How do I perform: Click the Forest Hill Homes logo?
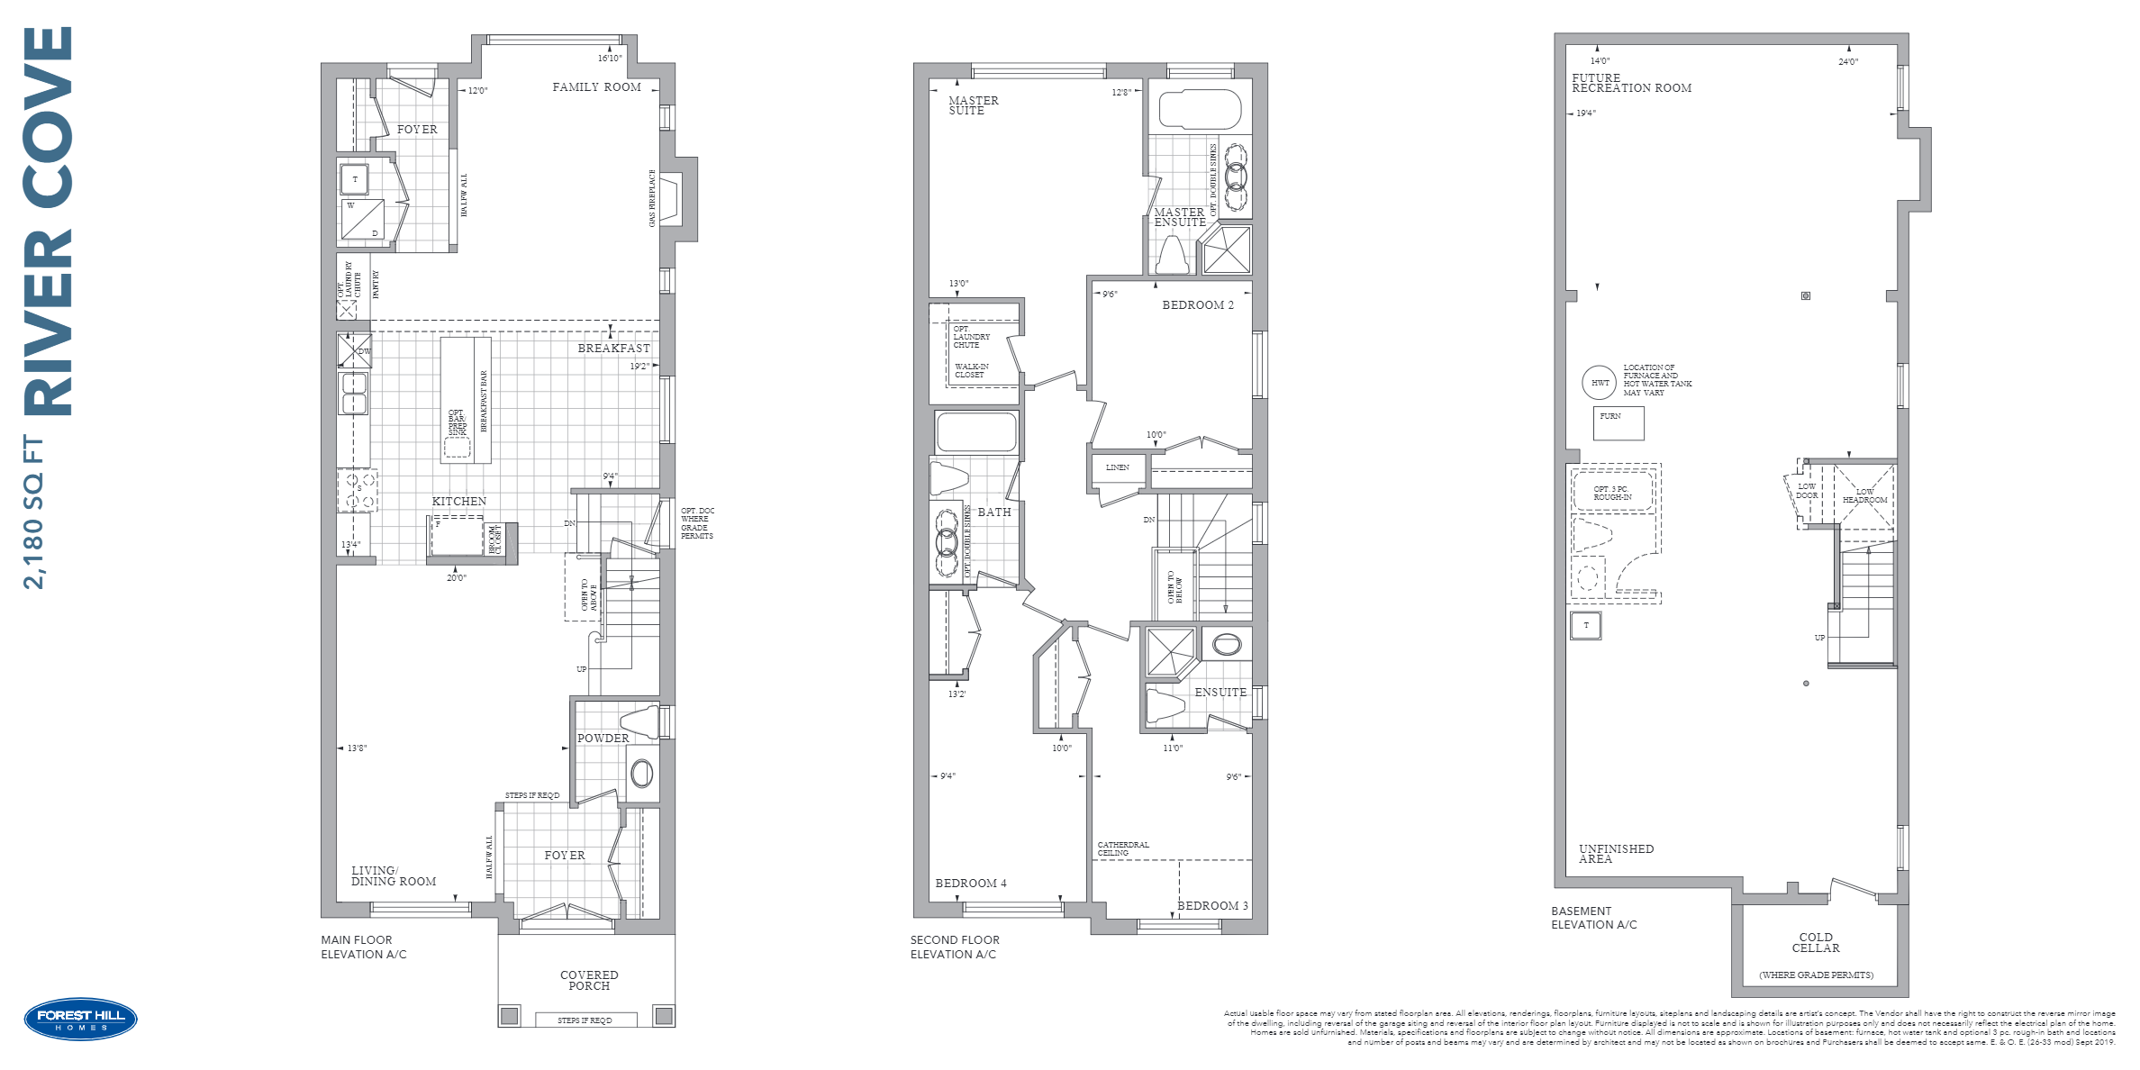pyautogui.click(x=80, y=1020)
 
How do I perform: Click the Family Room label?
pyautogui.click(x=596, y=87)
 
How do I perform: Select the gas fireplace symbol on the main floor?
pyautogui.click(x=671, y=198)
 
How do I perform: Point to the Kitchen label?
pyautogui.click(x=458, y=502)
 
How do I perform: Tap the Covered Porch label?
pyautogui.click(x=589, y=981)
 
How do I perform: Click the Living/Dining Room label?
pyautogui.click(x=393, y=876)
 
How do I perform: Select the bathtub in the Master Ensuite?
pyautogui.click(x=1200, y=110)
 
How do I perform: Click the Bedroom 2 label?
pyautogui.click(x=1197, y=305)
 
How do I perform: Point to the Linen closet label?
pyautogui.click(x=1117, y=467)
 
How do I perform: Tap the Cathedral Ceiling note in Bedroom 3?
pyautogui.click(x=1122, y=848)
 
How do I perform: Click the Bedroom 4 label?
pyautogui.click(x=970, y=884)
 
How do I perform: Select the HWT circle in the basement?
pyautogui.click(x=1600, y=383)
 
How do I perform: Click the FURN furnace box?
pyautogui.click(x=1618, y=422)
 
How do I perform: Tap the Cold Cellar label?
pyautogui.click(x=1815, y=943)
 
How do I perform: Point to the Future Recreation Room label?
pyautogui.click(x=1630, y=84)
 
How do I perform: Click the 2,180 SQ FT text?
pyautogui.click(x=33, y=512)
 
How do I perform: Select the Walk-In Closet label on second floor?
pyautogui.click(x=971, y=370)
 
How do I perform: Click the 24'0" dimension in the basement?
pyautogui.click(x=1847, y=62)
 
